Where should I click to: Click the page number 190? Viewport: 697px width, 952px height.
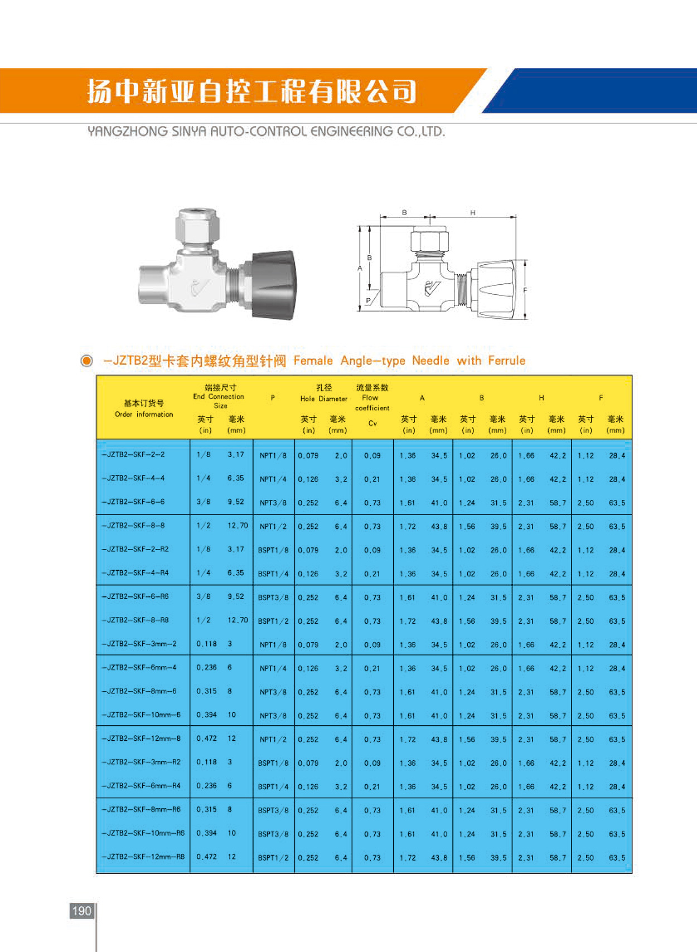point(81,911)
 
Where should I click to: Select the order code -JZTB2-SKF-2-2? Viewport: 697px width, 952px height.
point(133,455)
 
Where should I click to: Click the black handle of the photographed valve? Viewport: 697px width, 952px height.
point(274,285)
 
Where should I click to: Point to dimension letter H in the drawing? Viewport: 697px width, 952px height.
point(472,212)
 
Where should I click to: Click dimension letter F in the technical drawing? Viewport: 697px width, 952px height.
point(525,290)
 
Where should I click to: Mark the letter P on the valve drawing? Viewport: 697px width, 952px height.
point(367,301)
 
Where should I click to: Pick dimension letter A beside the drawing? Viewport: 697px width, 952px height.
point(360,268)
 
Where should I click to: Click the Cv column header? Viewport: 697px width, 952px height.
point(372,424)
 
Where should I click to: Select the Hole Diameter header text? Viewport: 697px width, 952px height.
point(323,399)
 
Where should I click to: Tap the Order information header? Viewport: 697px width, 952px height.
point(144,414)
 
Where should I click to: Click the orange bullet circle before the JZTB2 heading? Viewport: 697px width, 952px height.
point(86,361)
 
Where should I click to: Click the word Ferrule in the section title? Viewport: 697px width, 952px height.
point(506,361)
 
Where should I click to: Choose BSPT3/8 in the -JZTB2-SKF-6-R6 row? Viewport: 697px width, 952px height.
point(273,598)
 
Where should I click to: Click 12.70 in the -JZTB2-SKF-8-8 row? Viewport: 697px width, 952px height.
point(238,526)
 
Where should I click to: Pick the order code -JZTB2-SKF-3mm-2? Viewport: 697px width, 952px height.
point(139,644)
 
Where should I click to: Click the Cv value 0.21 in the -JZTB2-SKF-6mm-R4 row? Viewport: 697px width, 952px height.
point(372,787)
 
